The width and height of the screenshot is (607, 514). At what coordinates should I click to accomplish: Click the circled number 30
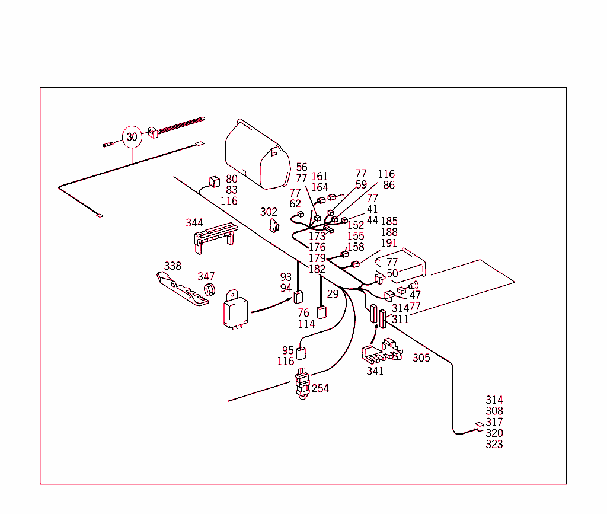(x=132, y=137)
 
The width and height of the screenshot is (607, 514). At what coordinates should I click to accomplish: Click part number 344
(x=194, y=223)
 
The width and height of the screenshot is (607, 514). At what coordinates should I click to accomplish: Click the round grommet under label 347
(x=209, y=290)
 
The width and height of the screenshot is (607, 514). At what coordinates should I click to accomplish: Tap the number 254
(x=320, y=388)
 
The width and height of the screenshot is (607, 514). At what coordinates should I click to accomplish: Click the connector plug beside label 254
(x=302, y=384)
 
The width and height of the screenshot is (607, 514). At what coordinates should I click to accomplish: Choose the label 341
(x=375, y=372)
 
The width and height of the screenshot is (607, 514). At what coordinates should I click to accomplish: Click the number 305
(x=421, y=358)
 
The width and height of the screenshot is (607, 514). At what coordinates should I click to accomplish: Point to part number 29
(x=333, y=294)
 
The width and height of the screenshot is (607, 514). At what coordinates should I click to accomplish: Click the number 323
(x=494, y=445)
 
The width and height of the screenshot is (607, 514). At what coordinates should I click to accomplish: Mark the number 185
(x=389, y=222)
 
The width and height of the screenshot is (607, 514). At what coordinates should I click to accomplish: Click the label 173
(x=317, y=237)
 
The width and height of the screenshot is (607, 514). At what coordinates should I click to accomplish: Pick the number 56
(x=302, y=167)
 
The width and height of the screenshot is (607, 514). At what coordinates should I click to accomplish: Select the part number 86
(x=389, y=186)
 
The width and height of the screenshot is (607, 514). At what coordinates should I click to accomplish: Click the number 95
(x=287, y=350)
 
